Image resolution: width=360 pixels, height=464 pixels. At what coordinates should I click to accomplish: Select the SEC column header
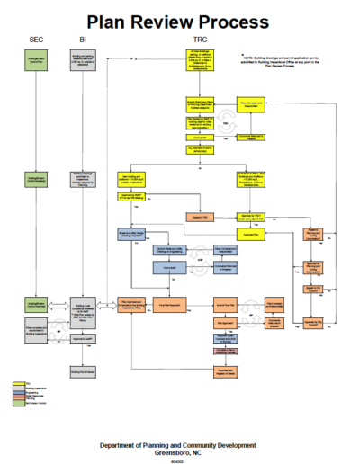36,40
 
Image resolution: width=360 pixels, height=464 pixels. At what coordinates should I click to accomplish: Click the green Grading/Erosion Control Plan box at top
36,60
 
